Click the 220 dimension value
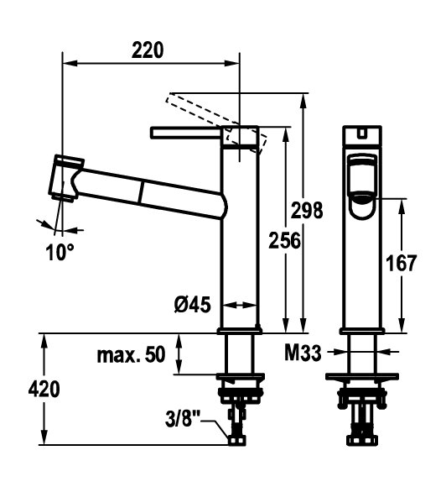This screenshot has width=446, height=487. (x=148, y=50)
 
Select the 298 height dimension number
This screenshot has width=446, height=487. (x=307, y=210)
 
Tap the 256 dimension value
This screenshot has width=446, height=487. (x=284, y=240)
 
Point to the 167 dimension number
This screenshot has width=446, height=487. (x=401, y=264)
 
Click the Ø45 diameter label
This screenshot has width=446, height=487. (x=192, y=304)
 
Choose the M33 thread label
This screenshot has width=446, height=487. (x=303, y=353)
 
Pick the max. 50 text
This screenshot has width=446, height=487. (x=131, y=355)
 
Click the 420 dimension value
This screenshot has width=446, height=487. (x=44, y=389)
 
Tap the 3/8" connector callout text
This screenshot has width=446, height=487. (x=183, y=419)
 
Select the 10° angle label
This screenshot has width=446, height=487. (x=60, y=252)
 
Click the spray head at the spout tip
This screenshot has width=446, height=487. (x=66, y=178)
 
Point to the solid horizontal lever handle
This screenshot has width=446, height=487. (x=185, y=133)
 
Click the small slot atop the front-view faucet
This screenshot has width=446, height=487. (x=361, y=133)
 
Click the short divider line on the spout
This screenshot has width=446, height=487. (x=142, y=192)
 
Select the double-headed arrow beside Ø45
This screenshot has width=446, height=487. (x=240, y=305)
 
